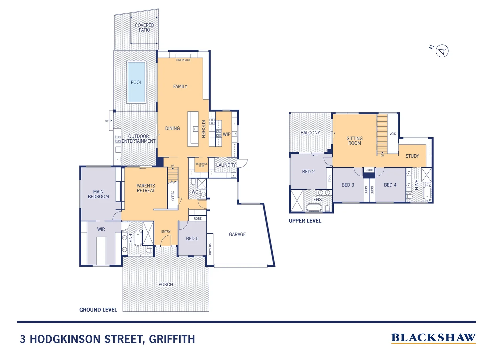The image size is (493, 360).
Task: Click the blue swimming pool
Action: (x=136, y=82)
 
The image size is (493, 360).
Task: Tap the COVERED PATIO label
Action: (x=144, y=28)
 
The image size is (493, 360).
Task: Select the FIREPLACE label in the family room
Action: (x=183, y=60)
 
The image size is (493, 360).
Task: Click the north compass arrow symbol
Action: (x=442, y=51)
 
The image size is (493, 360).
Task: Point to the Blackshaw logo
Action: (x=433, y=338)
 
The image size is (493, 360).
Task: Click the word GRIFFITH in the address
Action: (x=172, y=339)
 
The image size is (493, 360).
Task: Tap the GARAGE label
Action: (x=237, y=234)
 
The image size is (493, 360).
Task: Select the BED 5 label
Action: (x=192, y=238)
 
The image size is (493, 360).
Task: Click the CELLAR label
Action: (x=173, y=196)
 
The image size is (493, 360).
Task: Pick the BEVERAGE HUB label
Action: (x=201, y=165)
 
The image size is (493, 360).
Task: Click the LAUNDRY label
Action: (x=226, y=165)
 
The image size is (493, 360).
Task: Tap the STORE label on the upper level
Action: (x=369, y=170)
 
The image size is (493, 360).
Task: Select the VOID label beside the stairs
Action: (x=393, y=134)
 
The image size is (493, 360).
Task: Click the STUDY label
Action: (x=412, y=156)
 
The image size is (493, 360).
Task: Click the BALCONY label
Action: (x=310, y=133)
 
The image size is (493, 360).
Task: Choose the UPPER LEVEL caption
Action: (x=305, y=221)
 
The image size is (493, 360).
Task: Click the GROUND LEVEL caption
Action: (x=98, y=310)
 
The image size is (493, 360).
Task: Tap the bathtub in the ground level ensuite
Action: (x=138, y=238)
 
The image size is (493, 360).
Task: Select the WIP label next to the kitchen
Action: (x=227, y=134)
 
